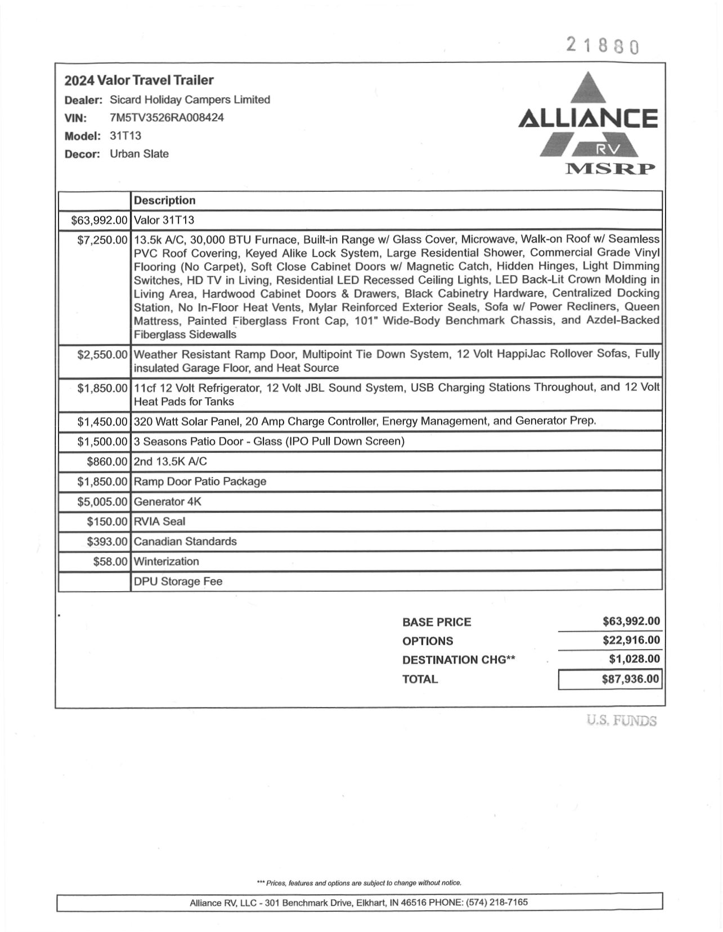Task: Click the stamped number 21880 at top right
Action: [603, 45]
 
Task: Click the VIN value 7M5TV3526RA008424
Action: [167, 118]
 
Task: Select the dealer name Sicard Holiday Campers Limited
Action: [190, 100]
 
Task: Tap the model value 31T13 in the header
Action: [125, 136]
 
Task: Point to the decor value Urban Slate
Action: [139, 154]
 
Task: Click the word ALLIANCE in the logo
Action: [587, 119]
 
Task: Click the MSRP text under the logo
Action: [610, 168]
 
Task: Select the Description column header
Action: [164, 200]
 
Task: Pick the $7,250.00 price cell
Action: [102, 240]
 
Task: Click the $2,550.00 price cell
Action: [102, 354]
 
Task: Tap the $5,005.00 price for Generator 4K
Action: [102, 501]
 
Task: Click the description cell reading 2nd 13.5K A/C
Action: [170, 461]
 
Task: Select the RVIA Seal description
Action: [159, 521]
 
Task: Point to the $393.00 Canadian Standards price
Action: [107, 541]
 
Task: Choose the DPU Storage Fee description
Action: [178, 581]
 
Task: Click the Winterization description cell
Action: [166, 561]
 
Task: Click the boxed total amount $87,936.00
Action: [630, 679]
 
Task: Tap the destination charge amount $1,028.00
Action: [634, 659]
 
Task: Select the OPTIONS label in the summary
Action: [427, 641]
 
